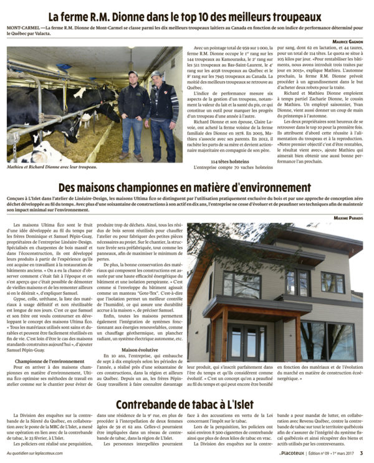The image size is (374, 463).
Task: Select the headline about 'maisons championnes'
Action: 186,188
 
